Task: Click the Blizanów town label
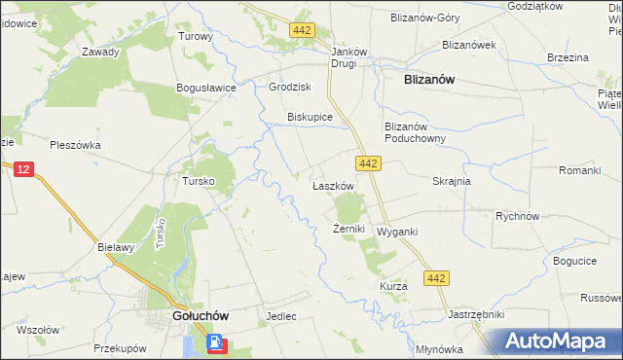tap(430, 82)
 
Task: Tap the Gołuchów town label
tap(200, 316)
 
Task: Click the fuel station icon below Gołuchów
tap(214, 343)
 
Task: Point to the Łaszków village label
tap(331, 185)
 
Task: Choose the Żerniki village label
tap(348, 230)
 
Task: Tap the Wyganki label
tap(397, 233)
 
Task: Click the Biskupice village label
tap(310, 117)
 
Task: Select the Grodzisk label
tap(289, 87)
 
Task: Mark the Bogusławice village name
tap(207, 88)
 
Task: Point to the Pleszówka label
tap(75, 145)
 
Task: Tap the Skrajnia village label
tap(452, 182)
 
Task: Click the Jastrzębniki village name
tap(475, 315)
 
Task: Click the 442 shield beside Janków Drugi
tap(302, 31)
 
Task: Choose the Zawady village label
tap(100, 53)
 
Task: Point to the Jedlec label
tap(280, 317)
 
